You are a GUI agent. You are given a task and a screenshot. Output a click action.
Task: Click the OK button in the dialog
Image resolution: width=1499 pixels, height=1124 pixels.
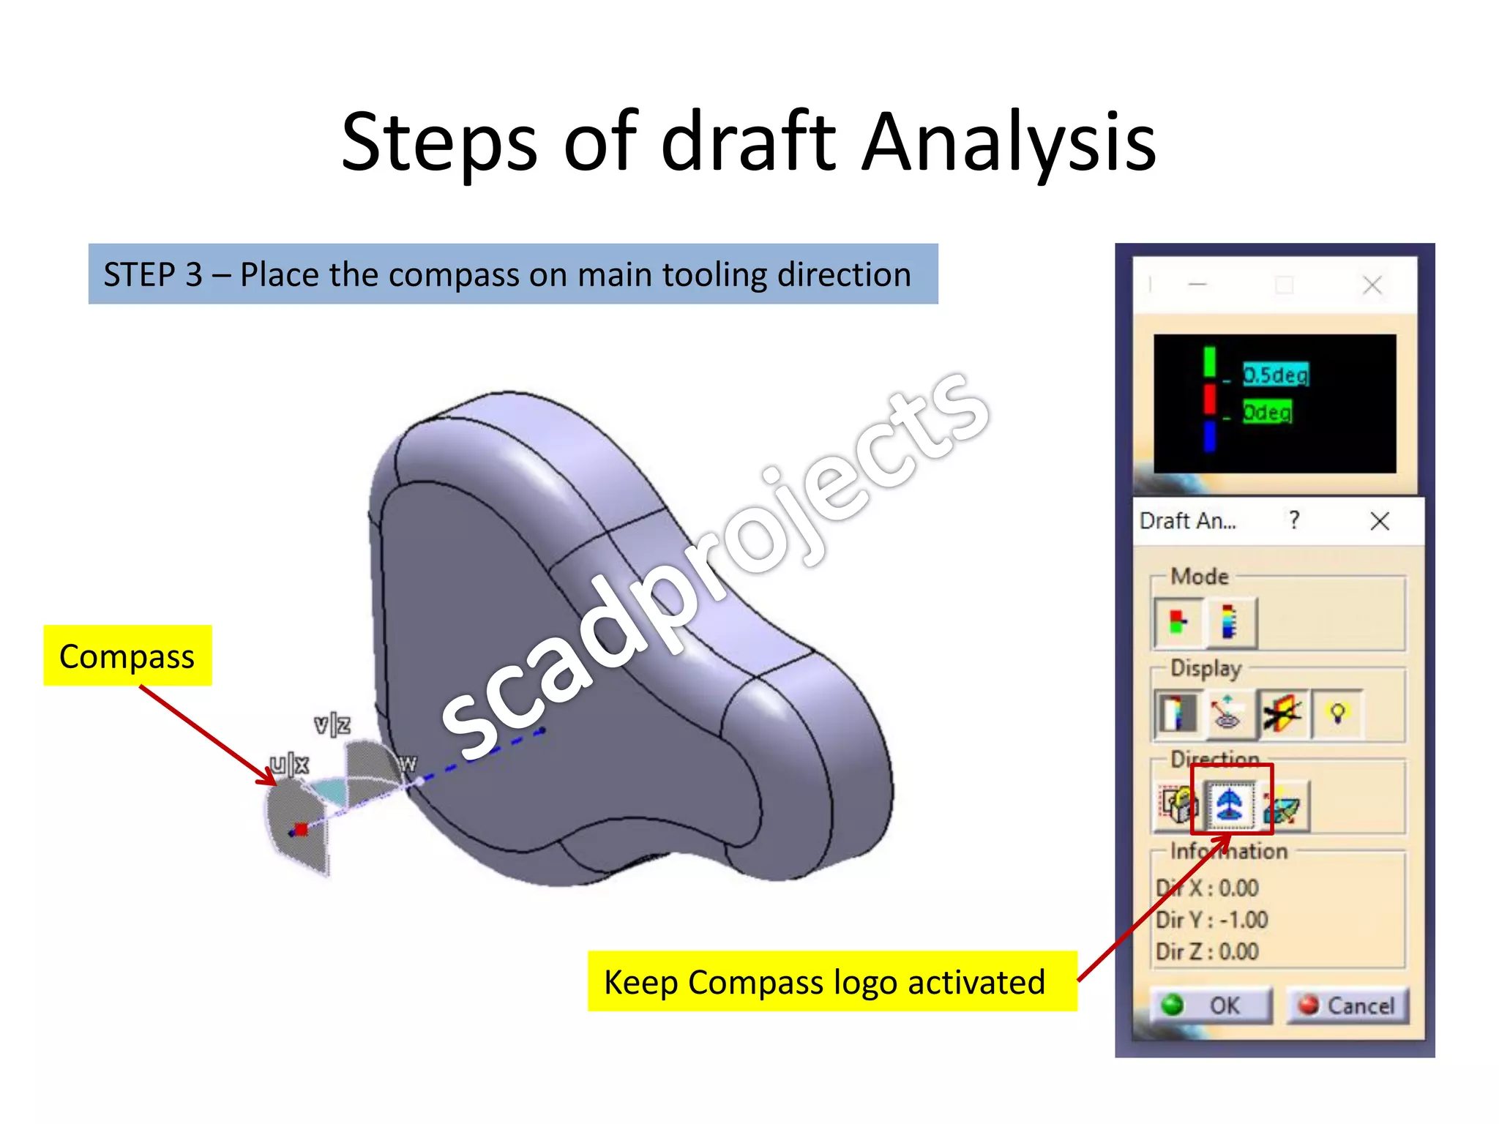[1211, 1005]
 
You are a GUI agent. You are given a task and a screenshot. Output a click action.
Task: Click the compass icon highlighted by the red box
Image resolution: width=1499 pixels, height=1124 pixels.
[1230, 805]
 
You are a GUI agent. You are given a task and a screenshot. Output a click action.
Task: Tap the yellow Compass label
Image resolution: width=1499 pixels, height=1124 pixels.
[127, 656]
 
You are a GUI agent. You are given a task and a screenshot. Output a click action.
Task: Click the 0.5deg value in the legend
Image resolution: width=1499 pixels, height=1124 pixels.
[1275, 375]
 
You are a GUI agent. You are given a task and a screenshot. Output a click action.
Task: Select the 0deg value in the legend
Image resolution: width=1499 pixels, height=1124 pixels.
[1267, 412]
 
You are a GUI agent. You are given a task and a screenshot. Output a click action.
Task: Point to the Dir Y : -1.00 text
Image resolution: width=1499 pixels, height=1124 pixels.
[1211, 919]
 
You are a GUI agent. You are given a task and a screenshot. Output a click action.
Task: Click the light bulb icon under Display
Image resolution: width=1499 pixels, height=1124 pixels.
[1337, 713]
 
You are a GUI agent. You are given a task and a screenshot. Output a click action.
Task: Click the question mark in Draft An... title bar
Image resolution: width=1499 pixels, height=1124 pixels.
[1294, 520]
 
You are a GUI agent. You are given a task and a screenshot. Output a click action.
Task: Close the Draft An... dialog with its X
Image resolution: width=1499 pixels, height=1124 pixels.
[1379, 521]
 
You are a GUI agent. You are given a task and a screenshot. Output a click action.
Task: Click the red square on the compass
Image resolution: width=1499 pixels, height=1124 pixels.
[300, 829]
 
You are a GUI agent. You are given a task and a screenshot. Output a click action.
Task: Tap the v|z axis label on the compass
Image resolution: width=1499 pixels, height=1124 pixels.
[332, 724]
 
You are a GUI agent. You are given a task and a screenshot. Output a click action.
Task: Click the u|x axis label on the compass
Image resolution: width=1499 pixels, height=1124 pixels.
[289, 764]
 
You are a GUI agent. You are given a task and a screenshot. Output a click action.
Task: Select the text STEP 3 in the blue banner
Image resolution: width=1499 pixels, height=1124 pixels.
[152, 274]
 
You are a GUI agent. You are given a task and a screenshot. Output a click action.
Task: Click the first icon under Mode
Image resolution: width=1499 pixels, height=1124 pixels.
[1177, 623]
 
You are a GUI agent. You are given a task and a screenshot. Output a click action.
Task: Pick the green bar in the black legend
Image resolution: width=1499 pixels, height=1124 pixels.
[1209, 362]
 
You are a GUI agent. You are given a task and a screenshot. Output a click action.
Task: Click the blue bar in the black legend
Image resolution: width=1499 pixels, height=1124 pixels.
[1209, 436]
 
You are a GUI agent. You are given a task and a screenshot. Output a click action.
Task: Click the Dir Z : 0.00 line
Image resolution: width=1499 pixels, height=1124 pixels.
[1207, 951]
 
